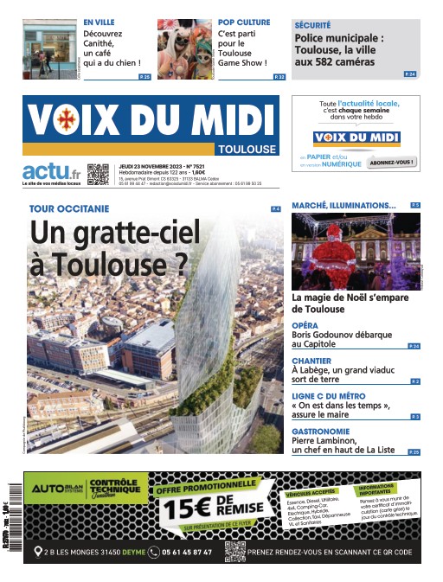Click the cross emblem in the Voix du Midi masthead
tap(61, 120)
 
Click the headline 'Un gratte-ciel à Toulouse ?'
tap(114, 246)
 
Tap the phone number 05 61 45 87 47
tap(187, 552)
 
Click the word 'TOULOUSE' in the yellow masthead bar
tap(247, 149)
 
